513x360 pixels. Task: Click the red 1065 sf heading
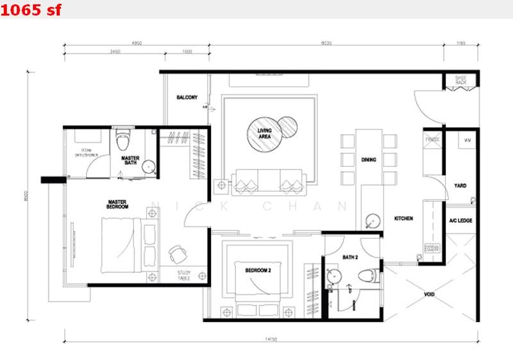31,10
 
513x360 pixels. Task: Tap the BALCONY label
187,98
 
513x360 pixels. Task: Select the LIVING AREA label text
264,133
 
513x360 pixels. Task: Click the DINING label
368,159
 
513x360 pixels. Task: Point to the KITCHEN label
403,219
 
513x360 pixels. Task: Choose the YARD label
460,186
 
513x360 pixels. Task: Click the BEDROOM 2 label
258,271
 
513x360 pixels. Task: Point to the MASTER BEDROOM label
118,204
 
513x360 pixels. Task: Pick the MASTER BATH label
130,160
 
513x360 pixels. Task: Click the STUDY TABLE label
184,275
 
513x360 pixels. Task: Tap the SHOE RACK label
460,80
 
